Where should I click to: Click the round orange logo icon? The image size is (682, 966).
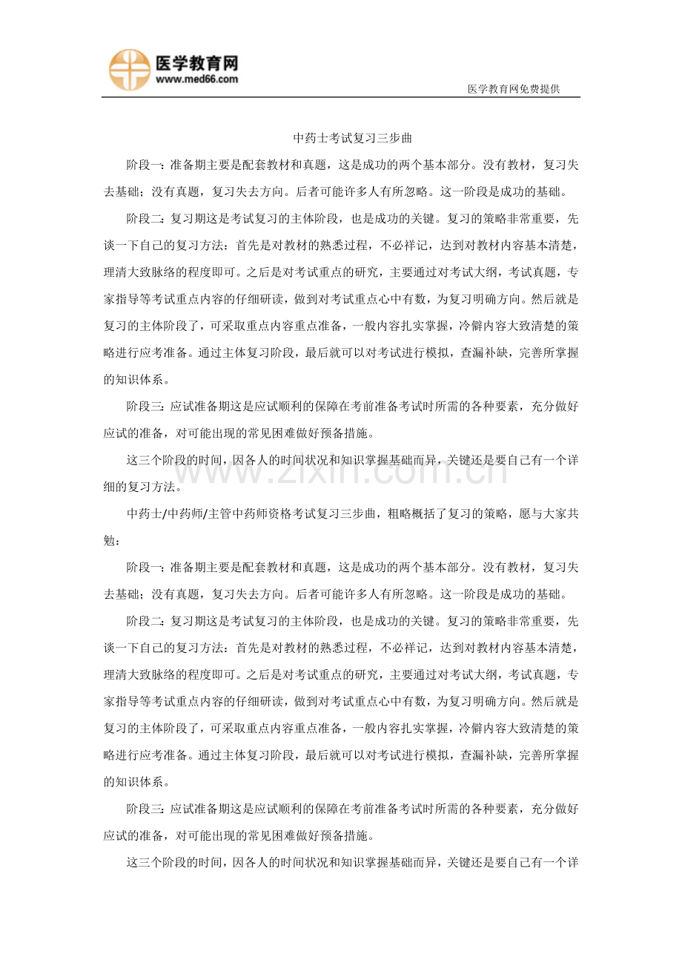point(130,70)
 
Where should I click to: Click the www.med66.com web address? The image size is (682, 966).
point(196,79)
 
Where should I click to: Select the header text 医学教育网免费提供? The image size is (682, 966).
point(513,89)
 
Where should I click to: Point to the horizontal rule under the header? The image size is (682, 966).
point(341,97)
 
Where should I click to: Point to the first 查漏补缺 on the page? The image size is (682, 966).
point(483,354)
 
